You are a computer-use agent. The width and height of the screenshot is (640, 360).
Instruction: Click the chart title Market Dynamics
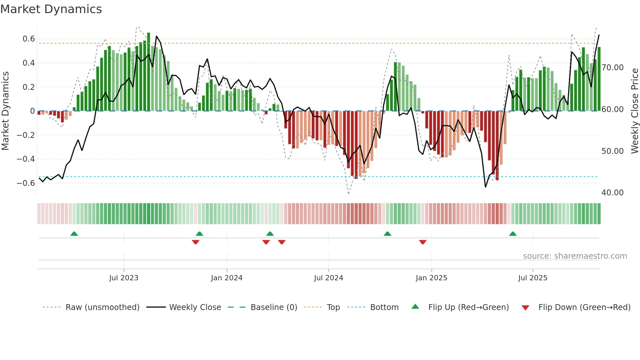[x=51, y=9]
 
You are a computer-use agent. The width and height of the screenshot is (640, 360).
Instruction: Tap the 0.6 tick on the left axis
[x=29, y=39]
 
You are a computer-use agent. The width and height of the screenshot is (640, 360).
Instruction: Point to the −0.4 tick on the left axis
[x=26, y=159]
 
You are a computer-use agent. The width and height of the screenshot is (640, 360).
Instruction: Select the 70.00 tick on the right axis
[x=613, y=68]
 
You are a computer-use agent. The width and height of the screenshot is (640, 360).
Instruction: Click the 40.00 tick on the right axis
[x=613, y=193]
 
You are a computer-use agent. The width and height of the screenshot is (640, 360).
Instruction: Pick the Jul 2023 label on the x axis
[x=124, y=278]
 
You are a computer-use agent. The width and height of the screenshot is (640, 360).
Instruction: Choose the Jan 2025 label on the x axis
[x=431, y=278]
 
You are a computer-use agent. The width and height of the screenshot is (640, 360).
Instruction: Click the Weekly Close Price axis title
[x=634, y=111]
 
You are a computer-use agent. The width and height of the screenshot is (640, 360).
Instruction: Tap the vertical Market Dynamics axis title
[x=5, y=111]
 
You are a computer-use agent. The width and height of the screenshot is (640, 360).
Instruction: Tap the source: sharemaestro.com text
[x=575, y=256]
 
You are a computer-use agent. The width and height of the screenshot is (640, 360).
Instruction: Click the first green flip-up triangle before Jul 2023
[x=74, y=234]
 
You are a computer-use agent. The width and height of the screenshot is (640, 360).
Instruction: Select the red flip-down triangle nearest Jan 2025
[x=423, y=242]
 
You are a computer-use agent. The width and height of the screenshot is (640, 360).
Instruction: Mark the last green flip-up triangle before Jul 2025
[x=513, y=234]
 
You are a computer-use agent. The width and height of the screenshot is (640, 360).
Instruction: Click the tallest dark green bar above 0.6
[x=149, y=72]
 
